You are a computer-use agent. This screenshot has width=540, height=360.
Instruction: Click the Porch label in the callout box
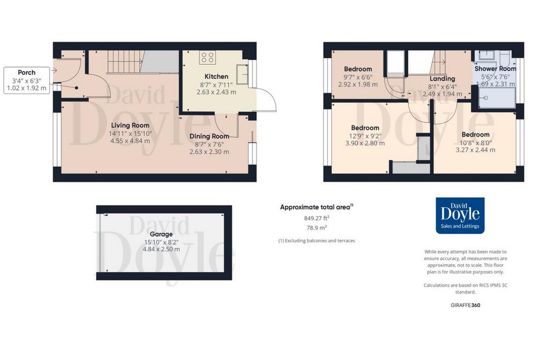pos(26,72)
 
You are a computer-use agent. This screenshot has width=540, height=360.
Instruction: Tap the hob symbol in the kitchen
pos(207,57)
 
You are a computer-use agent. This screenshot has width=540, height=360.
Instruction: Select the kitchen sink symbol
pos(242,74)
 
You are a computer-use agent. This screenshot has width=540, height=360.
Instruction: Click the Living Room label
pos(130,125)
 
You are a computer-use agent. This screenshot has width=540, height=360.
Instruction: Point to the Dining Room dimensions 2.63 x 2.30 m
pos(209,152)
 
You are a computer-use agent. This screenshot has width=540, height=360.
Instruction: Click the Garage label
pos(161,234)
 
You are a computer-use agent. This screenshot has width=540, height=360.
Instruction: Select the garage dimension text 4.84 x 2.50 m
pos(161,249)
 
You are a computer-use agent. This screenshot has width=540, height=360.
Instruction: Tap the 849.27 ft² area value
pos(317,218)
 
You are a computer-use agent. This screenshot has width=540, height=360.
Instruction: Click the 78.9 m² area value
pos(316,228)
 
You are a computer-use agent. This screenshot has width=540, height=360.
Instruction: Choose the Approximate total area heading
pos(316,207)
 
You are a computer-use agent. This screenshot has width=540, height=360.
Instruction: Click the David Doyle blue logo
pos(460,216)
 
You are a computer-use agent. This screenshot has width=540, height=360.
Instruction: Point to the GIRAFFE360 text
pos(465,305)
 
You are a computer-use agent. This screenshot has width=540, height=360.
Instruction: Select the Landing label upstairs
pos(442,79)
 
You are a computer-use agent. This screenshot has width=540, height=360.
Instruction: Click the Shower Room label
pos(495,69)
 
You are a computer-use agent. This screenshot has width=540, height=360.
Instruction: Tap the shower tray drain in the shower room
pos(486,98)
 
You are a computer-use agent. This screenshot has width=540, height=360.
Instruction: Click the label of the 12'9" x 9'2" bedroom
pos(365,128)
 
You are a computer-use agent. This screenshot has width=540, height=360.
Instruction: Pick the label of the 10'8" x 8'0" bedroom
pos(476,134)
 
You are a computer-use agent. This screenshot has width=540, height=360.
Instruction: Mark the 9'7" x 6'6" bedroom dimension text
pos(358,77)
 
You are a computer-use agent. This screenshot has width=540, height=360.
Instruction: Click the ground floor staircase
pos(124,62)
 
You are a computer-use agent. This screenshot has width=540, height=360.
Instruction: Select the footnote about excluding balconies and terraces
pos(316,241)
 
